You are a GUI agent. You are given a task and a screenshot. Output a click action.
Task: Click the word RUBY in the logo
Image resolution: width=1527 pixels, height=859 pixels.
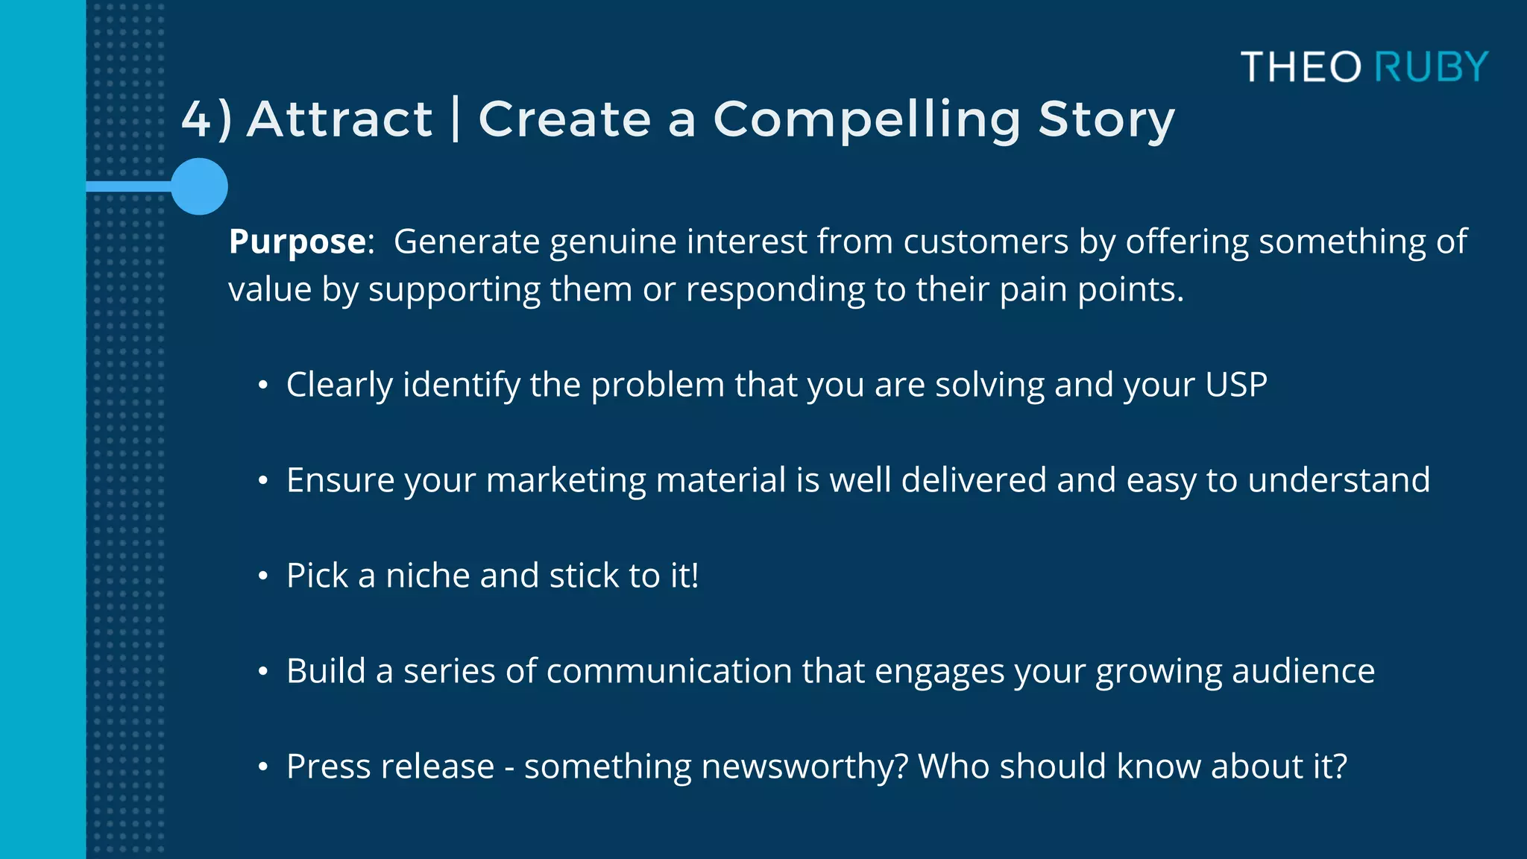tap(1431, 67)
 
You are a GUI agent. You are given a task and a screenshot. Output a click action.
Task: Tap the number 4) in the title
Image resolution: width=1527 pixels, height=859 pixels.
tap(207, 119)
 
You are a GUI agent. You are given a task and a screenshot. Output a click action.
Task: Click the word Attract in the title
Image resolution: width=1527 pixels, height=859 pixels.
tap(339, 119)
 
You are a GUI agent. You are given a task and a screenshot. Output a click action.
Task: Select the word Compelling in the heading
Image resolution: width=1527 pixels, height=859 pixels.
tap(866, 119)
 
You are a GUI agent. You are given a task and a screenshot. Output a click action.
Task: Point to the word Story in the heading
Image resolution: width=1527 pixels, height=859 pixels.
tap(1106, 119)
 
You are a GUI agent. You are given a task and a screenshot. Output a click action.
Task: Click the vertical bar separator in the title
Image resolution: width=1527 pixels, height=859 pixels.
tap(456, 119)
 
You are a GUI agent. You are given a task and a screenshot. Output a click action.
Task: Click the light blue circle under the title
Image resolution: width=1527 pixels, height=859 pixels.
tap(199, 186)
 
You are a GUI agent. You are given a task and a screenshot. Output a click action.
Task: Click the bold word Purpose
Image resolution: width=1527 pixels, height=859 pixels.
tap(297, 242)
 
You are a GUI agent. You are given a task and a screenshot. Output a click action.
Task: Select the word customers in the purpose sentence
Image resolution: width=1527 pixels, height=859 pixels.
tap(986, 242)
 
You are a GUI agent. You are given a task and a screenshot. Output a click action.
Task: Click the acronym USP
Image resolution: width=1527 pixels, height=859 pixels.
tap(1235, 386)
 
